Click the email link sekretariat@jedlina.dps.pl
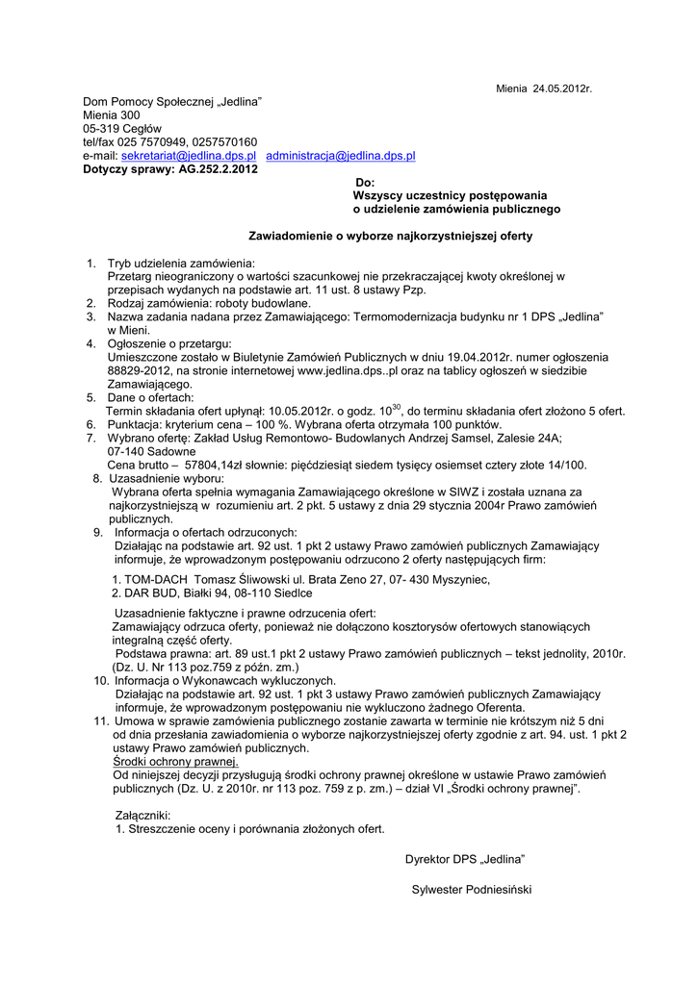(188, 155)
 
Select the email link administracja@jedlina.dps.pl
(341, 155)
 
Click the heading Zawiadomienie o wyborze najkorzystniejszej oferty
(391, 236)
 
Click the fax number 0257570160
(223, 141)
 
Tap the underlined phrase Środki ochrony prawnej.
(175, 761)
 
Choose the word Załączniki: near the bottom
(142, 815)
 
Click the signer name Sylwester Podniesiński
(471, 890)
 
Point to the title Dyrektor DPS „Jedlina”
(465, 859)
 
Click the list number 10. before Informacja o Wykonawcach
(100, 680)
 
